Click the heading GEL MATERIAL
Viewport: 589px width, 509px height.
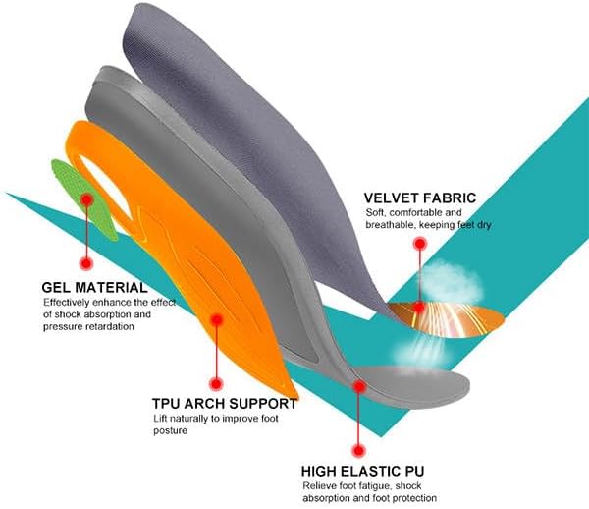94,287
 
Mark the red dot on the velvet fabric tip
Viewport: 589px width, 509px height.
419,307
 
